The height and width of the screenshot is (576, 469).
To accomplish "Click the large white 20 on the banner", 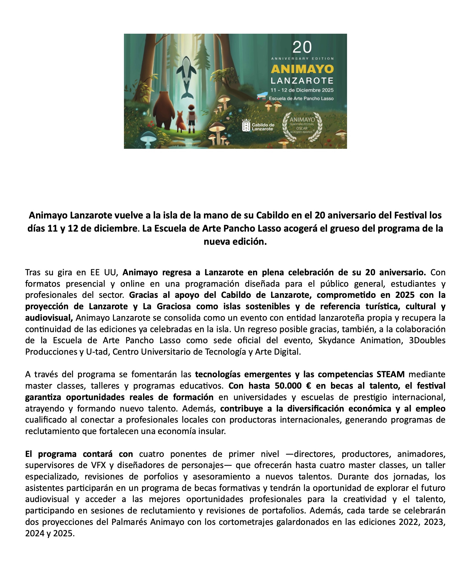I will click(x=302, y=47).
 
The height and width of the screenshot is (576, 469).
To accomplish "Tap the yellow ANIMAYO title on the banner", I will click(x=302, y=69).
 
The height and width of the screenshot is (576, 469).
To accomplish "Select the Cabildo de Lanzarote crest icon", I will click(x=246, y=125).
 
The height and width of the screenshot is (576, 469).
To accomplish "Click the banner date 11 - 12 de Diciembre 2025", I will click(x=302, y=90).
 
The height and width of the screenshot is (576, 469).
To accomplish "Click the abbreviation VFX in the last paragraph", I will click(x=99, y=465).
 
